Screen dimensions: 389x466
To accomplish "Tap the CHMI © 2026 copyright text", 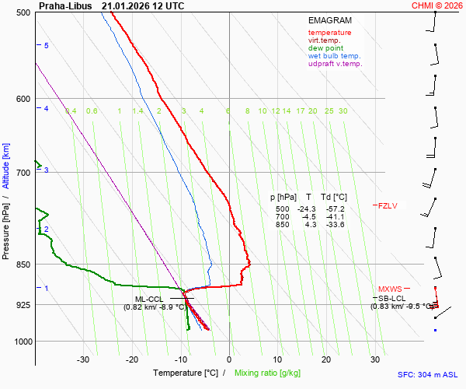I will click(x=438, y=5).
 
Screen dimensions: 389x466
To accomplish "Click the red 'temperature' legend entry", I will click(x=329, y=33).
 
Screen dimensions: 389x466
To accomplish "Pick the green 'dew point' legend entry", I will click(x=325, y=48).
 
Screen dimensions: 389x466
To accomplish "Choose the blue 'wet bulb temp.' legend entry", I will click(x=334, y=56).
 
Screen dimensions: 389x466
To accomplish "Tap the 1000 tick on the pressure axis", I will click(x=21, y=342).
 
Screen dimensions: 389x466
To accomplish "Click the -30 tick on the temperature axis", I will click(x=83, y=359).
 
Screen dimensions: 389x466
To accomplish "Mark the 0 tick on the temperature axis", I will click(x=229, y=359).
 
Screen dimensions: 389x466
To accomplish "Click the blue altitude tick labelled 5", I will click(x=46, y=46).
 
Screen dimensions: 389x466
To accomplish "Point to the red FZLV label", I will click(x=388, y=206).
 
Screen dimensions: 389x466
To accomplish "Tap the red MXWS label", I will click(x=389, y=289).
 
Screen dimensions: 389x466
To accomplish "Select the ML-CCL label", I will click(x=149, y=299).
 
